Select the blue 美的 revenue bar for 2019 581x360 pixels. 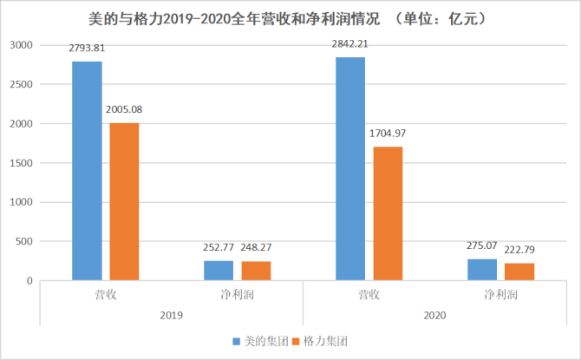[87, 171]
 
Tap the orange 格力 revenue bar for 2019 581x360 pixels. [123, 202]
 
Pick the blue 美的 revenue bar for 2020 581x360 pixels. [349, 169]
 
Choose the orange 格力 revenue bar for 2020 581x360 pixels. [387, 213]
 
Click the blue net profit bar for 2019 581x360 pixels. [218, 271]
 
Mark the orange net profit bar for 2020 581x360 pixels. [519, 272]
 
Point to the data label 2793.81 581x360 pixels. [88, 49]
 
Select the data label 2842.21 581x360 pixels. [350, 45]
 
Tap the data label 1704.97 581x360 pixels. [388, 134]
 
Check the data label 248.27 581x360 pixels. [258, 249]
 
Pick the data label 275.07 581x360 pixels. [482, 246]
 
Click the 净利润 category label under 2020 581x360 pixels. [499, 295]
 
